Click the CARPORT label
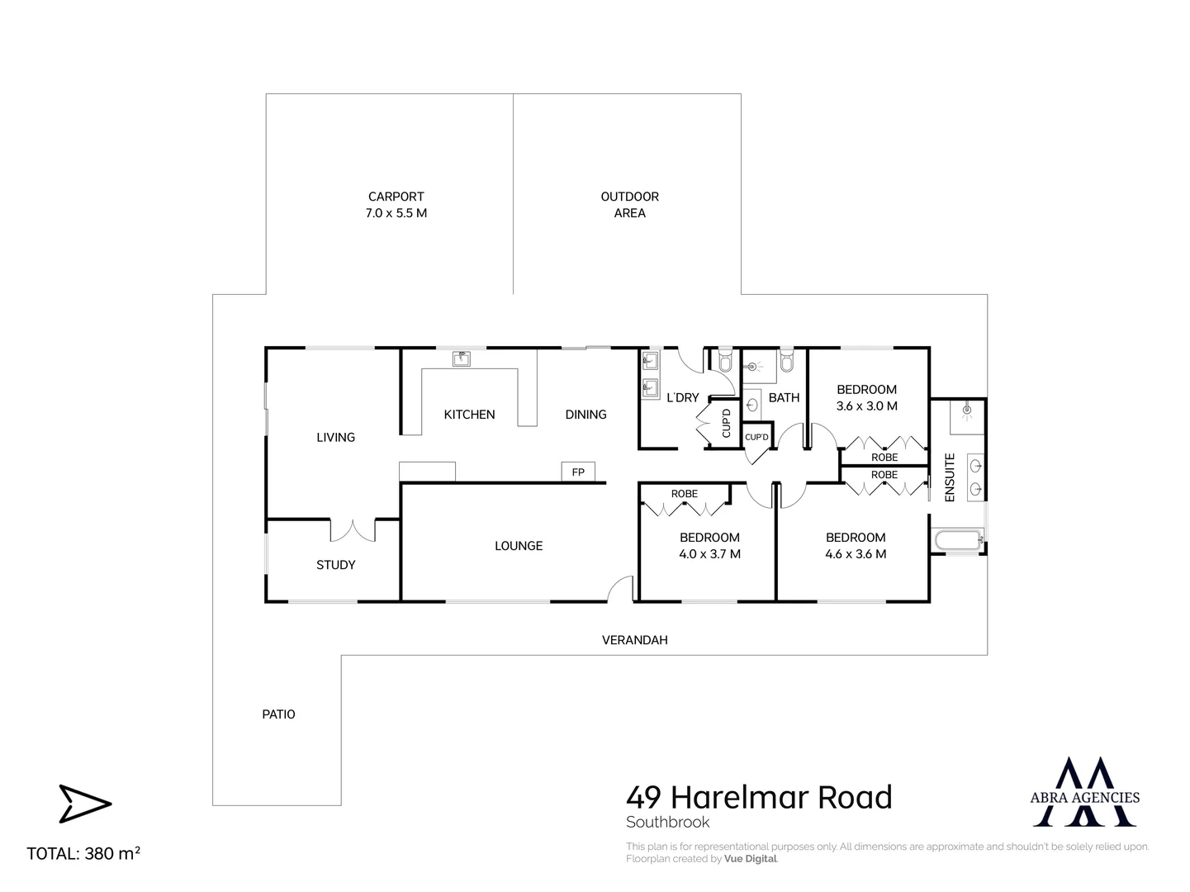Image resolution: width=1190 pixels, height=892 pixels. tap(397, 197)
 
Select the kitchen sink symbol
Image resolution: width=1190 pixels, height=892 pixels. tap(462, 358)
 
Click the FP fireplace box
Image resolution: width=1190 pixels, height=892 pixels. tap(578, 472)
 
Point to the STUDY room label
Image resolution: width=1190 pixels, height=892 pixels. tap(335, 565)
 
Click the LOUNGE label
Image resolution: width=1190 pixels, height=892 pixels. tap(519, 546)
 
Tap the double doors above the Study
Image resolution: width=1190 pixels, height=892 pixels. tap(353, 529)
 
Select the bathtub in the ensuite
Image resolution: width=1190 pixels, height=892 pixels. tap(956, 542)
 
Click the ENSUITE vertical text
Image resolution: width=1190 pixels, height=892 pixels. tap(950, 477)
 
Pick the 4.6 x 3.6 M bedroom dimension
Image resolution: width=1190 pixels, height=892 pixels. tap(856, 554)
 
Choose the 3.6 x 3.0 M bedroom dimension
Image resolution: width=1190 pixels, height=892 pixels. tap(866, 406)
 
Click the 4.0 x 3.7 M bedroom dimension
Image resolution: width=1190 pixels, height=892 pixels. tap(709, 554)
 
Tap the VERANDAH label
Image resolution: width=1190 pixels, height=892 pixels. tap(634, 640)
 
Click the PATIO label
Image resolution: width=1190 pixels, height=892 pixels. tap(278, 714)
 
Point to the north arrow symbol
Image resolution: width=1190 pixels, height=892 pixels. tap(84, 804)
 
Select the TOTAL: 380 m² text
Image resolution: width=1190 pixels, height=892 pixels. tap(83, 854)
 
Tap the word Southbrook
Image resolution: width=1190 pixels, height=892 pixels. tap(667, 823)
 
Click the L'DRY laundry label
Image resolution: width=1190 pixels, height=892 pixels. tap(682, 398)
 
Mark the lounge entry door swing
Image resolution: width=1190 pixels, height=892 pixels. tap(620, 588)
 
